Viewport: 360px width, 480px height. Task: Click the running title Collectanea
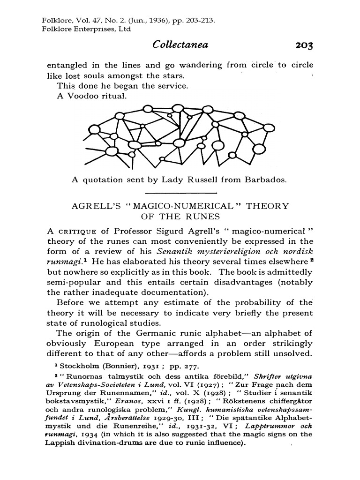point(180,45)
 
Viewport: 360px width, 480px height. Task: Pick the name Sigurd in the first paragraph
point(183,231)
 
